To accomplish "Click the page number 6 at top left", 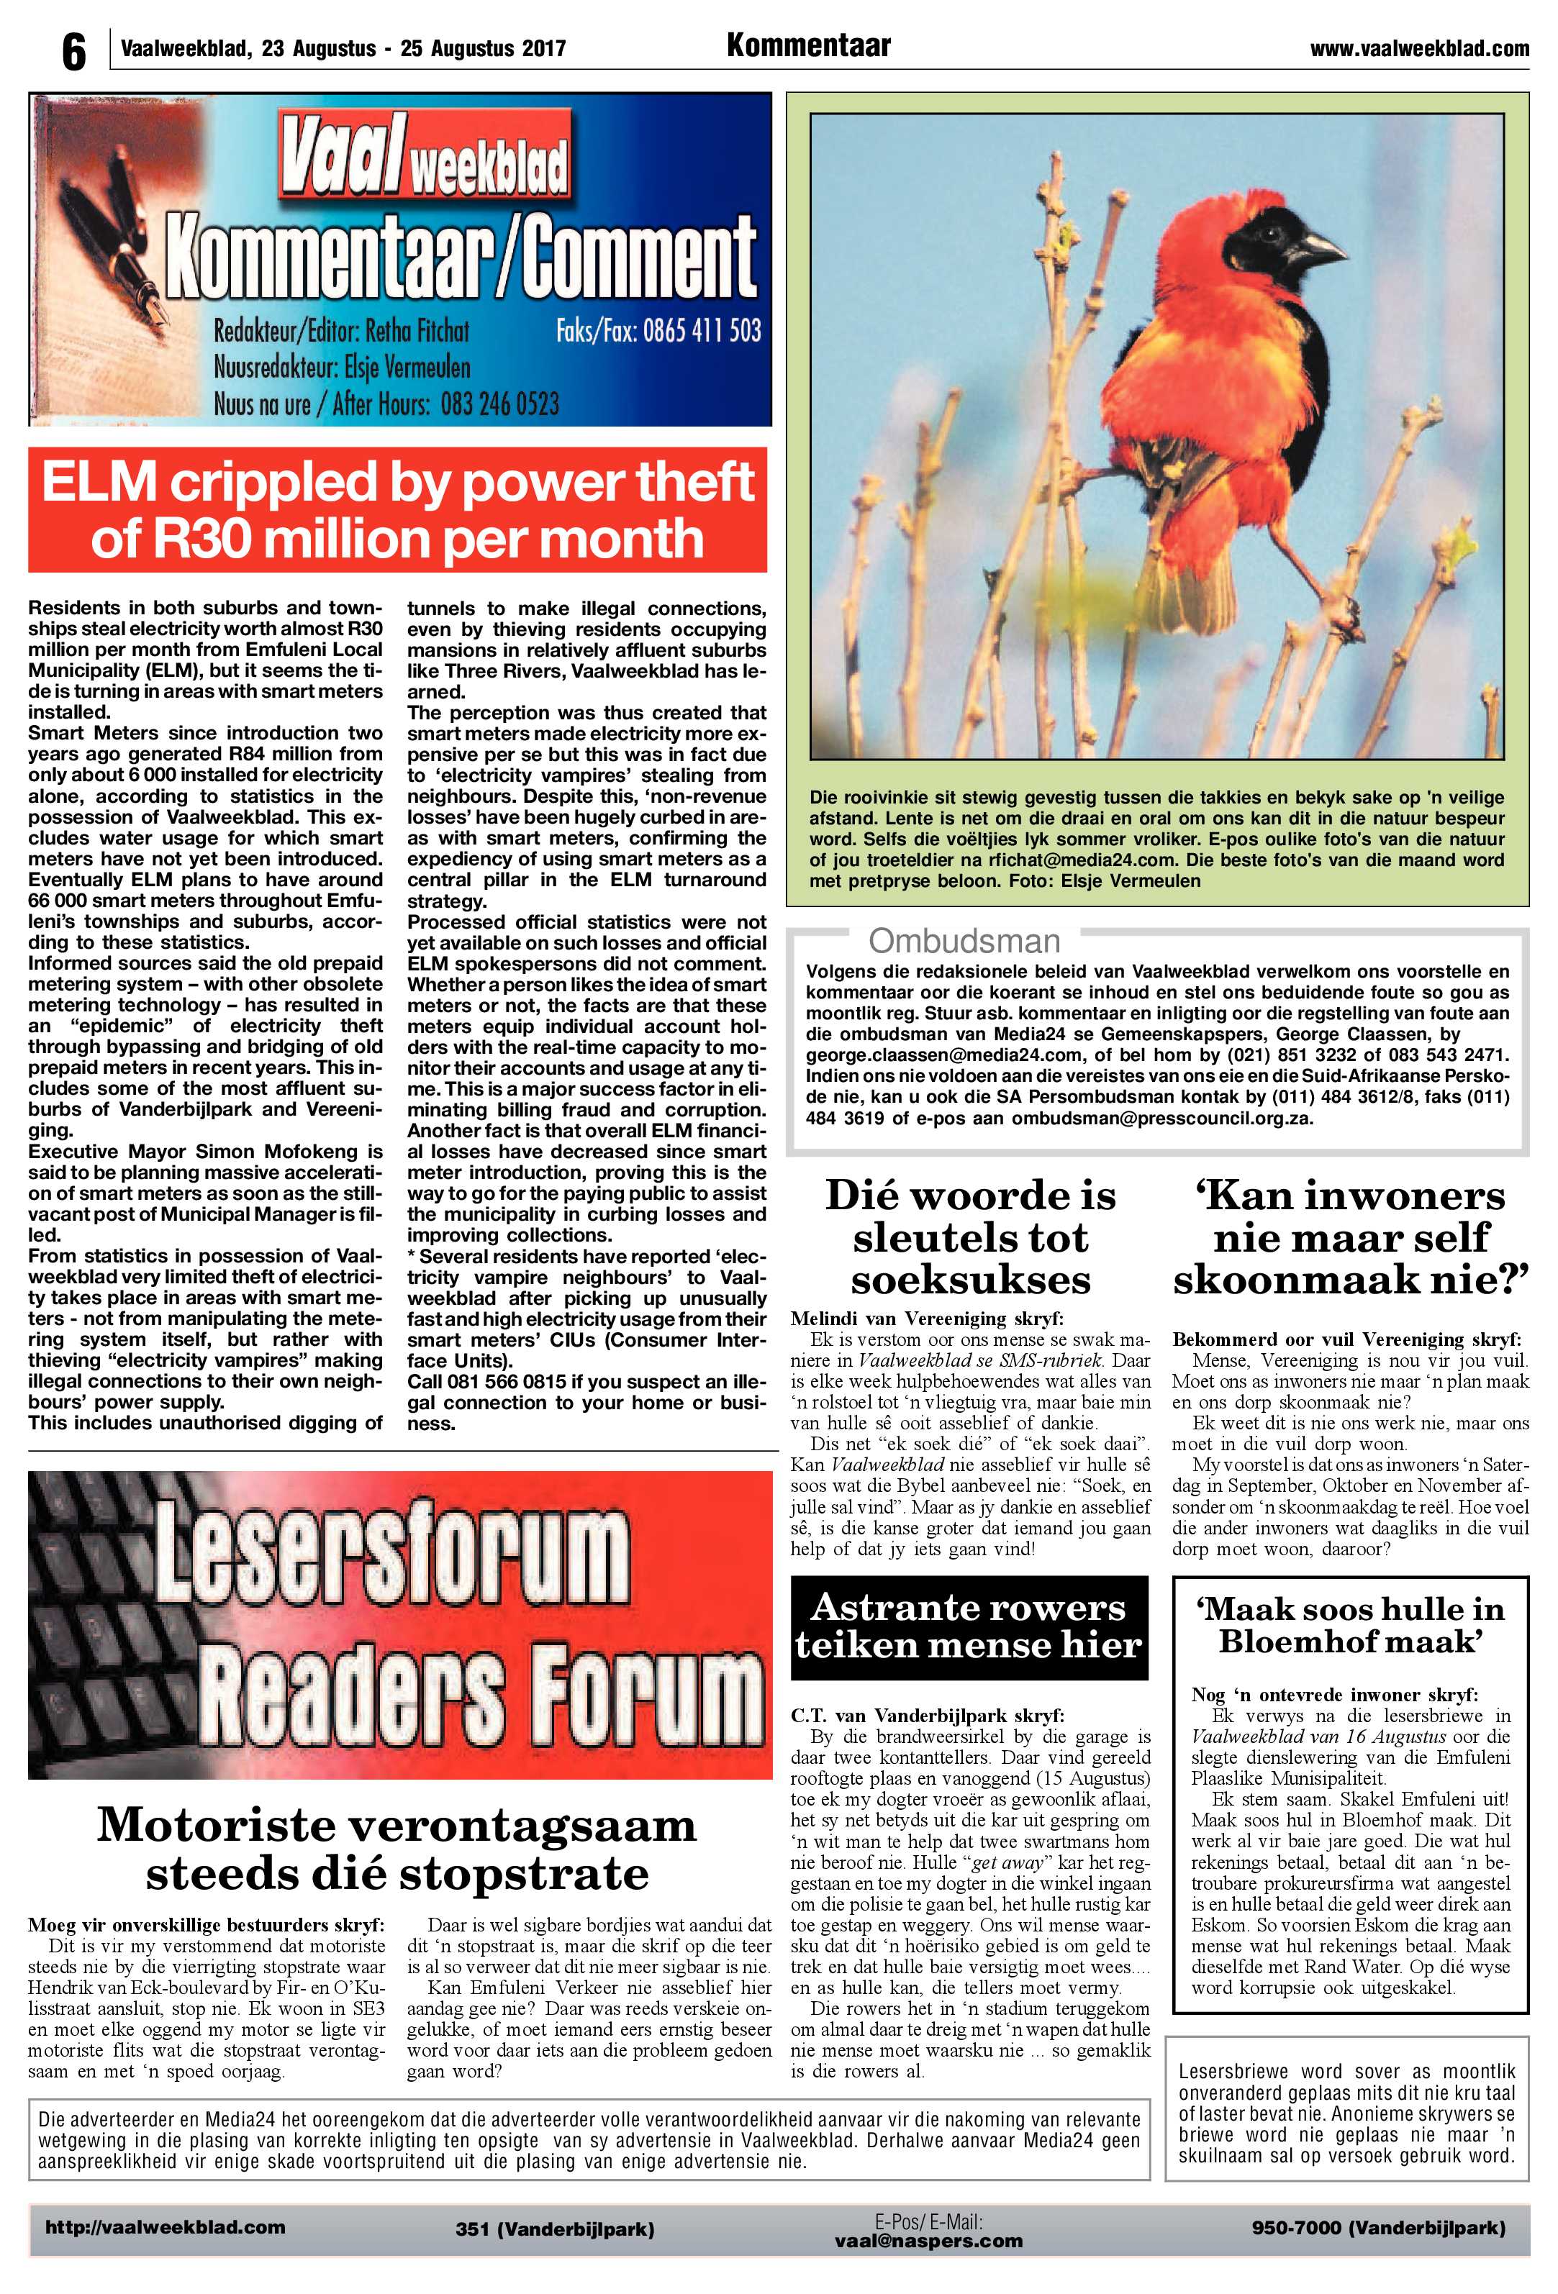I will click(x=73, y=51).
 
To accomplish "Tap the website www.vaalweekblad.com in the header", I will click(x=1419, y=48).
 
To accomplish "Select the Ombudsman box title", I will click(x=964, y=941).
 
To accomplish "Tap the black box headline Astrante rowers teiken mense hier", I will click(x=969, y=1626).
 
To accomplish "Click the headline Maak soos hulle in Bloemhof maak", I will click(x=1350, y=1625).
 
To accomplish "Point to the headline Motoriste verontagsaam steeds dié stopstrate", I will click(x=398, y=1849).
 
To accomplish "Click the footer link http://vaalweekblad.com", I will click(x=165, y=2227).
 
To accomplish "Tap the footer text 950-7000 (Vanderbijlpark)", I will click(x=1377, y=2227).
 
